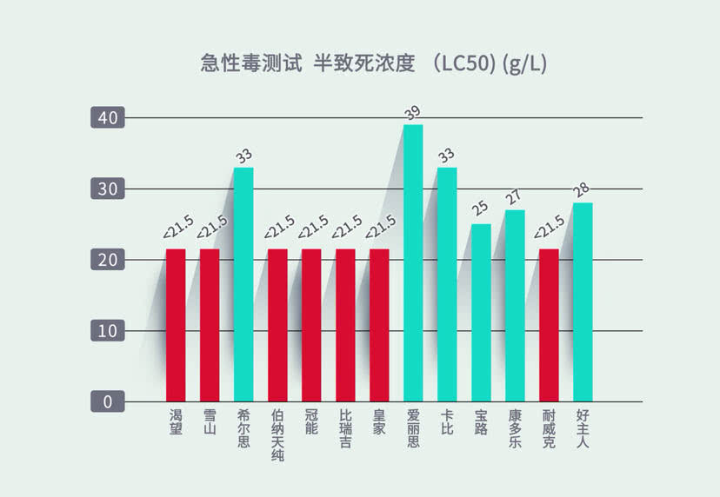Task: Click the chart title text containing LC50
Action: (x=373, y=63)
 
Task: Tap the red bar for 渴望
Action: (x=176, y=325)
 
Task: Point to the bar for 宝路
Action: (x=481, y=313)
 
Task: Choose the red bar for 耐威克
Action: (x=549, y=325)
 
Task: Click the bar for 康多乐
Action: (x=515, y=305)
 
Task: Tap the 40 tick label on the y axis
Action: (x=108, y=117)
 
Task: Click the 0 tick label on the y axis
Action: (x=108, y=402)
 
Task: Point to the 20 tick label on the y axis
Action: (x=108, y=260)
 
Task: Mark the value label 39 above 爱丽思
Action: (x=412, y=112)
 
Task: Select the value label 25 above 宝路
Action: (x=480, y=211)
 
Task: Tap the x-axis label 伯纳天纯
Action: (x=277, y=435)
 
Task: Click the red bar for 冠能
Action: (x=311, y=325)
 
